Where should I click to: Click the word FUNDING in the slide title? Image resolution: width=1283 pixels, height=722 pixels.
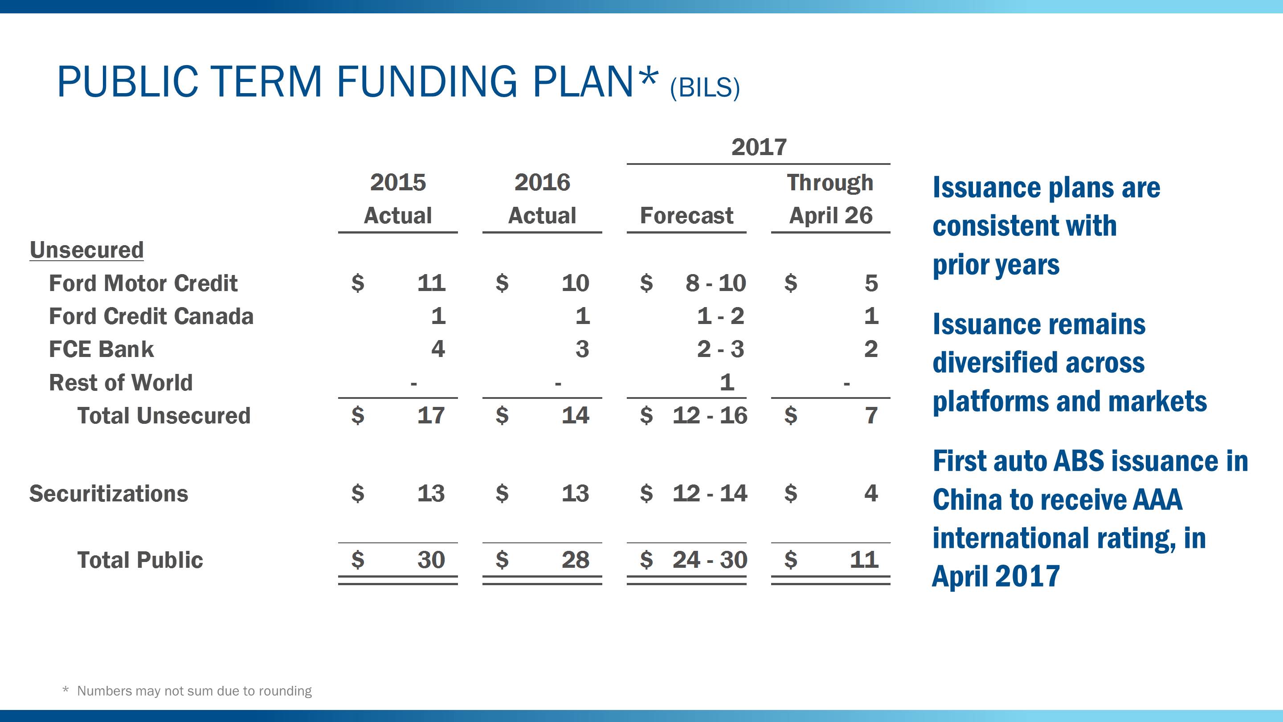click(427, 82)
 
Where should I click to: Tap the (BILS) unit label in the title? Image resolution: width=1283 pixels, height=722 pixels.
click(705, 88)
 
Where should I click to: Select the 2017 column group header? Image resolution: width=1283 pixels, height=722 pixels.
click(759, 147)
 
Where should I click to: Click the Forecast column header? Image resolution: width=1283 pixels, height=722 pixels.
click(686, 216)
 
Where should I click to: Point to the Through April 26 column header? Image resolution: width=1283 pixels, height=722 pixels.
click(830, 199)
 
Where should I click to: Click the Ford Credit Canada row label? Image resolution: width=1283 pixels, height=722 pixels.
click(151, 316)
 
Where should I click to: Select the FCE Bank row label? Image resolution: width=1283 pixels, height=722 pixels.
click(101, 349)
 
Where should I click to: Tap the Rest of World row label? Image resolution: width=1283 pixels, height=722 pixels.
click(121, 383)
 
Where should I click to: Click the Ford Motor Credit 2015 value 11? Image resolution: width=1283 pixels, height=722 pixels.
click(431, 283)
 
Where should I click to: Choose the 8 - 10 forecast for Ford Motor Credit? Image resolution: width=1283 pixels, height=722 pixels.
click(715, 283)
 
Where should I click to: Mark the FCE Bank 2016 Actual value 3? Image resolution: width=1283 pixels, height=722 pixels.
click(582, 349)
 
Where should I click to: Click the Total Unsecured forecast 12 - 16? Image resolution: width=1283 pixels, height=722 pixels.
click(709, 415)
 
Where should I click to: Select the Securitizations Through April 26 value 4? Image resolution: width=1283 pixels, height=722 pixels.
click(870, 493)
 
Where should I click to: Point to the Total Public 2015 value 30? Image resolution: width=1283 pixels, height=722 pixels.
click(431, 560)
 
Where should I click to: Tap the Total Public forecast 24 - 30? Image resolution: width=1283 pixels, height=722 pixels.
click(709, 560)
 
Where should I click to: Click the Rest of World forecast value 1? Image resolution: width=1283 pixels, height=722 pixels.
click(727, 383)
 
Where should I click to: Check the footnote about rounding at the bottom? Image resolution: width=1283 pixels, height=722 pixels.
click(194, 691)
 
